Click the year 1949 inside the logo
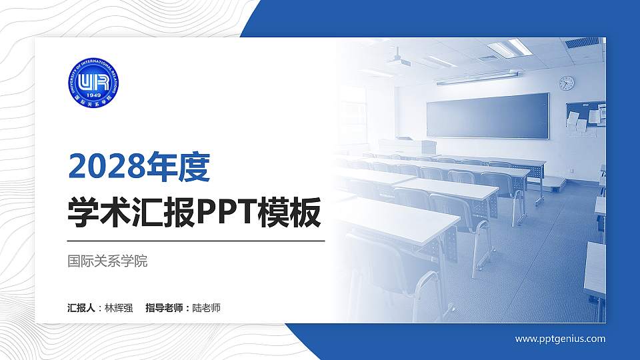[93, 101]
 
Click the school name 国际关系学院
[107, 261]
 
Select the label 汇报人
[82, 308]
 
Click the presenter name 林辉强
[119, 308]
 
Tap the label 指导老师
[164, 308]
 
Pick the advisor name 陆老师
[206, 308]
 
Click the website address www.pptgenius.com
[560, 339]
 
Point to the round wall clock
[566, 83]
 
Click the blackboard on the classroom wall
[487, 115]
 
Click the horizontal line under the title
[196, 240]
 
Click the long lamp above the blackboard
[477, 77]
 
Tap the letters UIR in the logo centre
[93, 83]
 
